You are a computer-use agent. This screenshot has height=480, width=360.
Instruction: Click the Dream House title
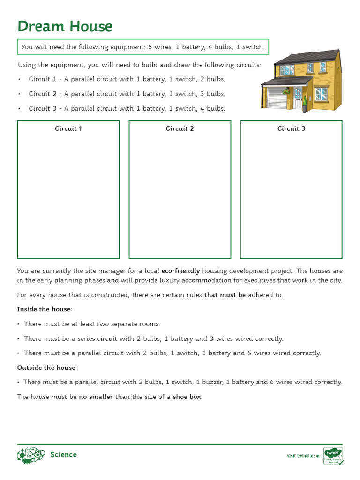(65, 26)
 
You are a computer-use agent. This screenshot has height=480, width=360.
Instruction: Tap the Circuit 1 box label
(68, 128)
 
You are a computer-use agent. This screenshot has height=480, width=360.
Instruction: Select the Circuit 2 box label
(180, 128)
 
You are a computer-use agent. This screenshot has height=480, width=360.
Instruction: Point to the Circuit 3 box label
(291, 128)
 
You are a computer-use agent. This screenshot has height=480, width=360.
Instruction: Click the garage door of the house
(277, 97)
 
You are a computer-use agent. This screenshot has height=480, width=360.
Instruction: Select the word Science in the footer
(63, 455)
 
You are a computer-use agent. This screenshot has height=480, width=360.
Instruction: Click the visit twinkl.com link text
(303, 456)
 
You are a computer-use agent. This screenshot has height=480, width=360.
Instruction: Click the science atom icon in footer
(30, 455)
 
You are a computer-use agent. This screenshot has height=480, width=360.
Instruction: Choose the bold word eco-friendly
(180, 271)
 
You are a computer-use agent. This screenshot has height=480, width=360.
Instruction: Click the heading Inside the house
(45, 309)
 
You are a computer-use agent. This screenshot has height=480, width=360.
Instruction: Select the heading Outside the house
(47, 367)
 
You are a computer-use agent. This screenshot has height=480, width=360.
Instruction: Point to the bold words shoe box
(187, 397)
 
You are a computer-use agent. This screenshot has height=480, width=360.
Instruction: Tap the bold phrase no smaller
(96, 397)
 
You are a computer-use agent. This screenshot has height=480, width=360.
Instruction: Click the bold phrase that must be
(225, 295)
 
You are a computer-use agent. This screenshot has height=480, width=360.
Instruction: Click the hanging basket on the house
(286, 92)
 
